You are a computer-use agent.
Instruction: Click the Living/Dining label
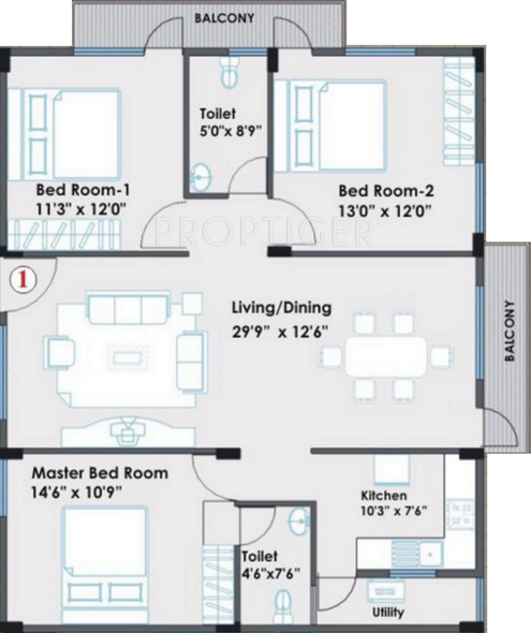point(278,307)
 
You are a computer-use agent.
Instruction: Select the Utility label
point(388,613)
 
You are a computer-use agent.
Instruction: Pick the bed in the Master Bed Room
point(106,561)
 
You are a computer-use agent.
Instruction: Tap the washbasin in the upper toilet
point(201,177)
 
